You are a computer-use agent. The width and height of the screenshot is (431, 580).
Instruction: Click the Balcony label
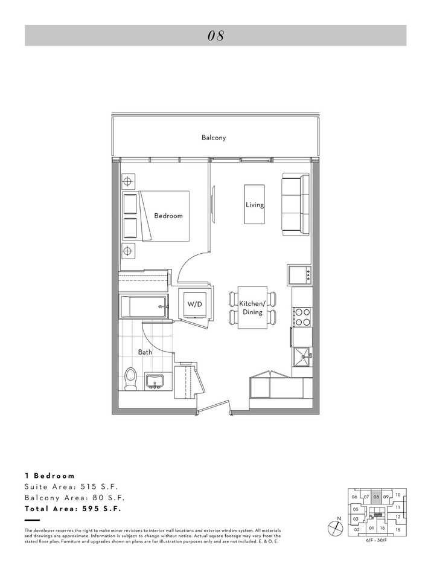click(x=214, y=138)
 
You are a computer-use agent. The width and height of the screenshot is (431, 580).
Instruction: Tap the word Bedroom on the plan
click(x=168, y=216)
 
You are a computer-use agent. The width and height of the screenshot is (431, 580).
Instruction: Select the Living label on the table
click(x=255, y=205)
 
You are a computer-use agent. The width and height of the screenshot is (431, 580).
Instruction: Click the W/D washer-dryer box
click(x=194, y=304)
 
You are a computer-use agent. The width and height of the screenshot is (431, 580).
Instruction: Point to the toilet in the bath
click(x=129, y=378)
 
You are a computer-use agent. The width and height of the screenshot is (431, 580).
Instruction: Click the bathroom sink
click(x=155, y=382)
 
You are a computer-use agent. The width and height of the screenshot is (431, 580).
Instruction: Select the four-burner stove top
click(x=302, y=317)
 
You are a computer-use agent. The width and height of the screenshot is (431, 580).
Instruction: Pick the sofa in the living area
click(x=296, y=205)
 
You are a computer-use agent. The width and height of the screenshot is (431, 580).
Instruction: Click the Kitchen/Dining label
click(x=252, y=308)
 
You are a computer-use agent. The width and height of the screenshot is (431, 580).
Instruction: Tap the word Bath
click(x=145, y=352)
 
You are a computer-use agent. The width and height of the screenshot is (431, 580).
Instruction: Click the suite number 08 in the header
click(x=215, y=36)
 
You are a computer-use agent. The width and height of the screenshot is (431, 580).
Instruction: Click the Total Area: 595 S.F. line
click(x=73, y=509)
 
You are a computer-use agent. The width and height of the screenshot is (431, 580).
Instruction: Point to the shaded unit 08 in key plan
click(x=376, y=497)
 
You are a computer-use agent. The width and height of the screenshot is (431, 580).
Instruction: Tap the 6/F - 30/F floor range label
click(x=378, y=540)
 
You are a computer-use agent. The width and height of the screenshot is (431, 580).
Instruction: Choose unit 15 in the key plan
click(x=398, y=529)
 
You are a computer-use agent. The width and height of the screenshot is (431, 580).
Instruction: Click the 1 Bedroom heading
click(x=50, y=475)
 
